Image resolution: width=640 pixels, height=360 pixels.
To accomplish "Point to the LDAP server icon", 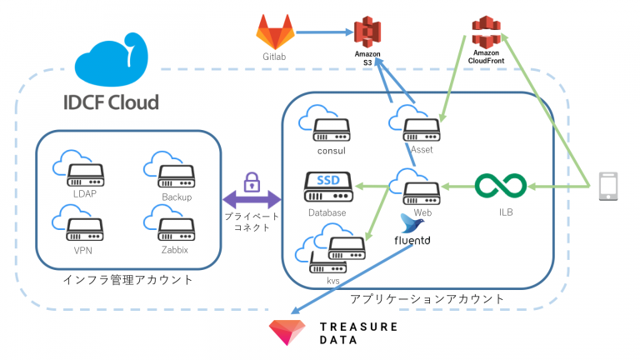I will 85,176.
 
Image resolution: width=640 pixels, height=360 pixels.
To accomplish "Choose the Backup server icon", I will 177,176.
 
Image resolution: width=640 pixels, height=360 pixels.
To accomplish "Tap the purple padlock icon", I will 251,182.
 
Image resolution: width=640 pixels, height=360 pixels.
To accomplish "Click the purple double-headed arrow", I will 251,200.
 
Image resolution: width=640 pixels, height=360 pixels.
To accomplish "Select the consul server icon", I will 331,129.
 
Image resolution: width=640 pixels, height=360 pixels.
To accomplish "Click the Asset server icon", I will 421,130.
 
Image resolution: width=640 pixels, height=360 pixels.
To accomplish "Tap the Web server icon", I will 421,192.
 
